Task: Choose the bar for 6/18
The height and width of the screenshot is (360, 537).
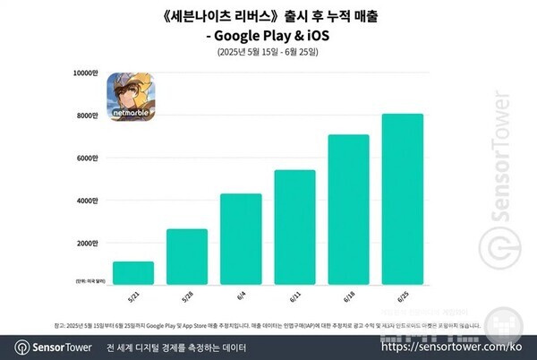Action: [348, 210]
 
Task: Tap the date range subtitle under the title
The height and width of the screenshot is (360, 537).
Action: [268, 53]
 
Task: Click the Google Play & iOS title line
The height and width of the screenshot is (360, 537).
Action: [268, 36]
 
